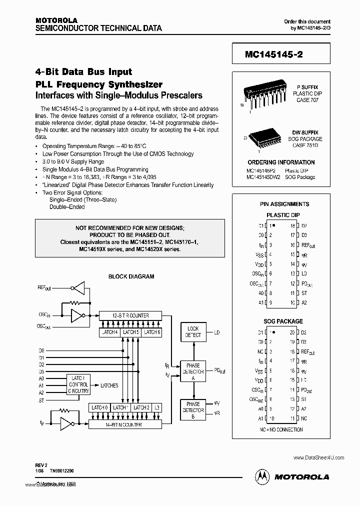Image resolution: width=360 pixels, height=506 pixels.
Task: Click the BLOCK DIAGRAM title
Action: (131, 276)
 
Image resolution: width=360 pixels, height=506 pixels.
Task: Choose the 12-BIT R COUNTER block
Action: (130, 315)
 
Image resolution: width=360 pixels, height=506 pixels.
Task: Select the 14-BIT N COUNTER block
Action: (124, 424)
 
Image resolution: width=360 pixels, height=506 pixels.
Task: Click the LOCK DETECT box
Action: (193, 332)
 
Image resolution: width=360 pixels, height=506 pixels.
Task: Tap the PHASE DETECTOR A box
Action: (193, 371)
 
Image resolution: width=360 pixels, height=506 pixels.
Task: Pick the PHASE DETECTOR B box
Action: (193, 410)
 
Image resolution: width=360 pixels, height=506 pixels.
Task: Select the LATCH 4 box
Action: (109, 332)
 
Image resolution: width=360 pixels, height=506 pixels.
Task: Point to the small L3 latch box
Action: (157, 408)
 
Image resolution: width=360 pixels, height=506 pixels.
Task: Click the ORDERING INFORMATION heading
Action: (281, 162)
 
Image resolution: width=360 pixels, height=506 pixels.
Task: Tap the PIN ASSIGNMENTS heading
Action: (284, 204)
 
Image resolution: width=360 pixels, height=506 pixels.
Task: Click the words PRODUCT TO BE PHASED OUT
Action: (129, 234)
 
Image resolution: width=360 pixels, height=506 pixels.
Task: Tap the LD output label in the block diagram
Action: (217, 332)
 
